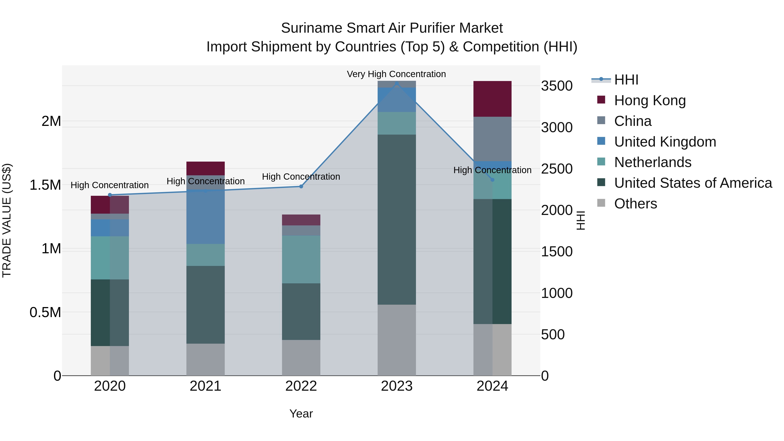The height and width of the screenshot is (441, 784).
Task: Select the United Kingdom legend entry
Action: (665, 142)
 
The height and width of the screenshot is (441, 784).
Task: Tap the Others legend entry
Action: (635, 204)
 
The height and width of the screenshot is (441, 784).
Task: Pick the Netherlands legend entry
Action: (652, 162)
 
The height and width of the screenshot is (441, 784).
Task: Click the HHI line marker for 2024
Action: (492, 180)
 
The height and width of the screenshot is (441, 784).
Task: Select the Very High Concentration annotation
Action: (396, 74)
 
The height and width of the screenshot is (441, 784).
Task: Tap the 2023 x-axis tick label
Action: (397, 386)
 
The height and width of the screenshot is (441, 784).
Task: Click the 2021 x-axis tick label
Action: (205, 386)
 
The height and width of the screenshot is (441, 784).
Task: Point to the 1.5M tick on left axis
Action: (45, 185)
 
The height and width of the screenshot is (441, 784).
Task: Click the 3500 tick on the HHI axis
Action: (557, 86)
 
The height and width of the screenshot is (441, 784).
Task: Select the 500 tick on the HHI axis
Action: (553, 335)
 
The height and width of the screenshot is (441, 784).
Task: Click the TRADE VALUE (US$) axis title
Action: (7, 220)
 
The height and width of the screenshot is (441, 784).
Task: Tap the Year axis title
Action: (301, 414)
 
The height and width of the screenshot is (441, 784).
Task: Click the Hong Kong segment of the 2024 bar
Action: (492, 99)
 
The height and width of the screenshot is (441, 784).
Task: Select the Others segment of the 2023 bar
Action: (397, 340)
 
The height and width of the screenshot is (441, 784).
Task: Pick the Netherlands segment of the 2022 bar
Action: (301, 259)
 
